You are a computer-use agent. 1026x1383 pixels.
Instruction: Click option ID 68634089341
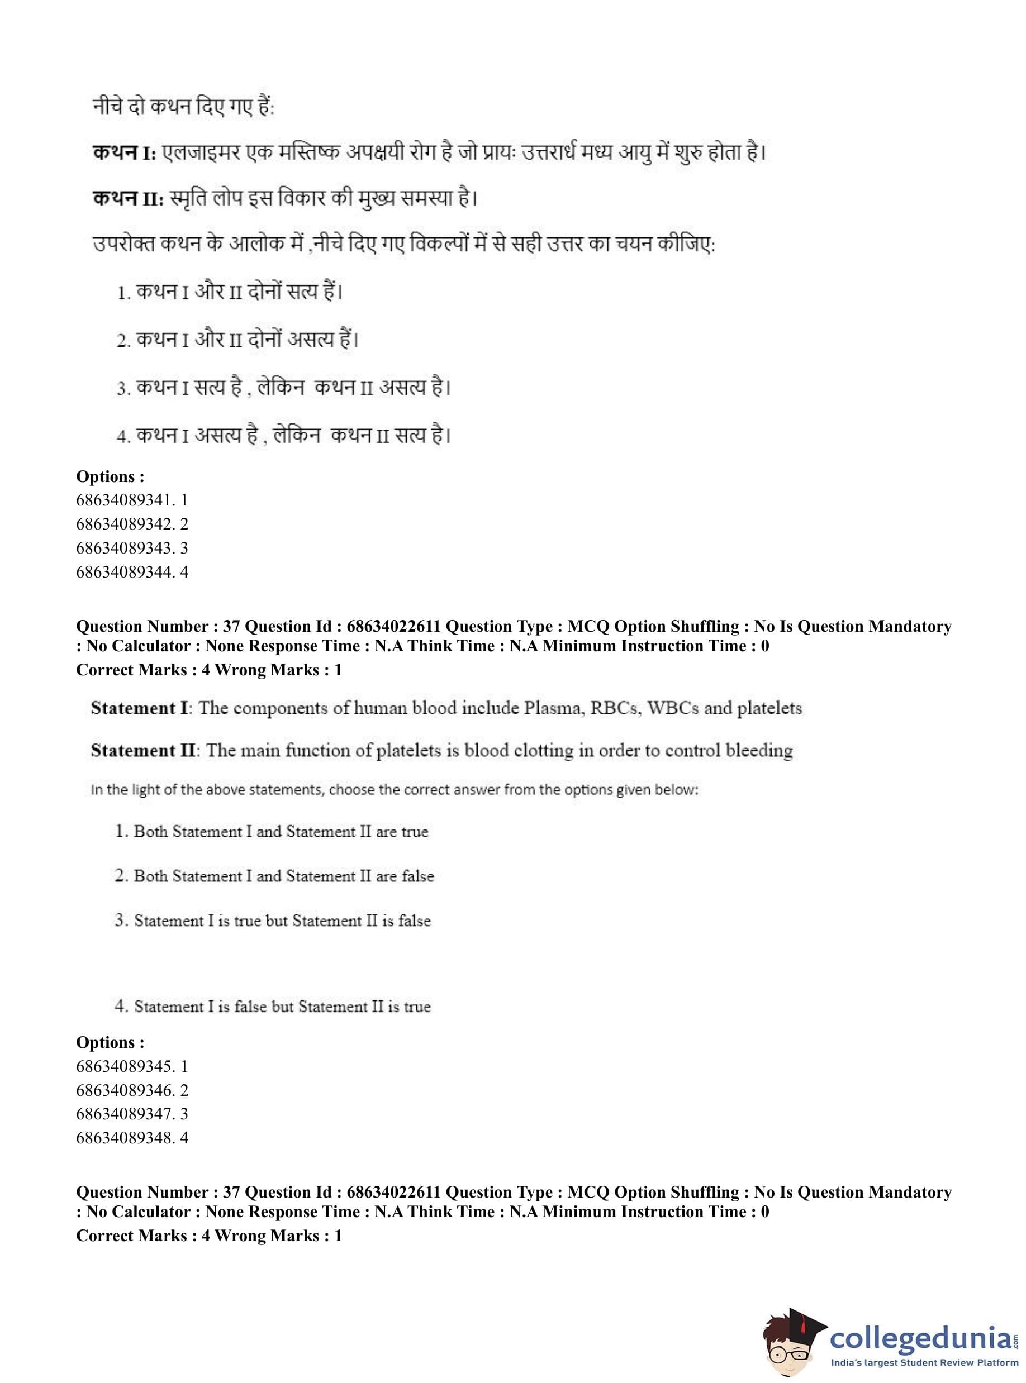[132, 500]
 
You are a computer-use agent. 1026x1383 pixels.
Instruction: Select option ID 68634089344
[132, 572]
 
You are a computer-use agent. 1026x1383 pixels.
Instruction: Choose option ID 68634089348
[132, 1138]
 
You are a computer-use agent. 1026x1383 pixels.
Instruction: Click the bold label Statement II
[144, 751]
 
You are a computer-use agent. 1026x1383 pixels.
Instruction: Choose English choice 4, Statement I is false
[273, 1006]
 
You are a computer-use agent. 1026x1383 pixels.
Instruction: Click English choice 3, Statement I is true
[273, 921]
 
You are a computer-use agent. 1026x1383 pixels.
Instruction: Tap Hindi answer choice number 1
[230, 292]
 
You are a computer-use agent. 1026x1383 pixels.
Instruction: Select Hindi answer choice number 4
[283, 436]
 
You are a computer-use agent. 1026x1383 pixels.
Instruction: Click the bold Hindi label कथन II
[127, 199]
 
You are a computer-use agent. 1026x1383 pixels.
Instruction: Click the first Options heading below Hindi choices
[110, 476]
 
